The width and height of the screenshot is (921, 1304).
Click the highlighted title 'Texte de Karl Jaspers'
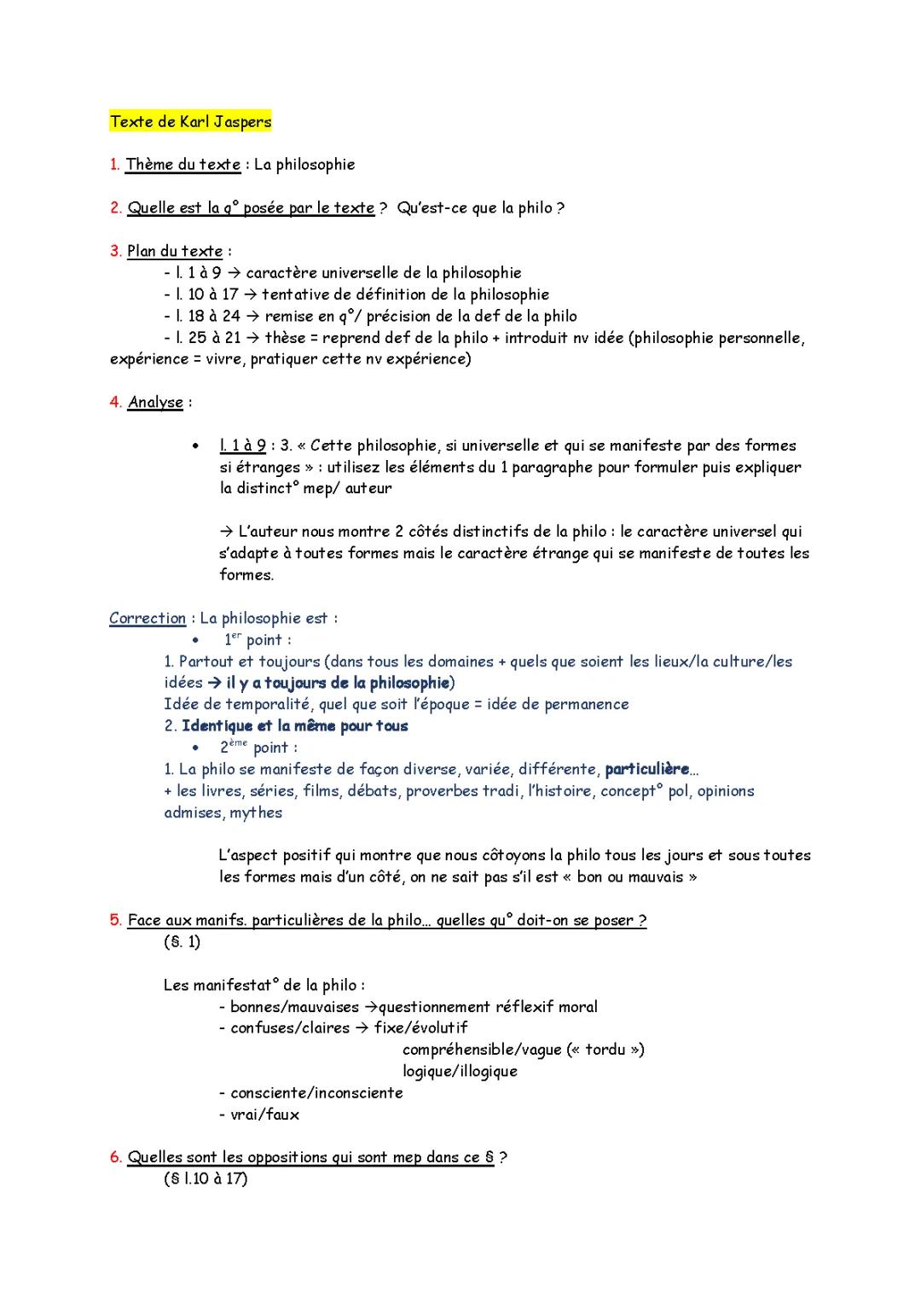(190, 122)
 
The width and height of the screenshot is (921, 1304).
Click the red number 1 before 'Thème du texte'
(114, 165)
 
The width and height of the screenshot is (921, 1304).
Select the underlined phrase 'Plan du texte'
(175, 252)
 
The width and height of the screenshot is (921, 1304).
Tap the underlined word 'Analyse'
(155, 403)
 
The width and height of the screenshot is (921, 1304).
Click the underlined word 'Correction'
(148, 619)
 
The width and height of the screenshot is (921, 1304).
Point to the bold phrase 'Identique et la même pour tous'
(295, 726)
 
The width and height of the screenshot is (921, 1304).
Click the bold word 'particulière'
(646, 770)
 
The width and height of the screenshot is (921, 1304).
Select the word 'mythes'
(256, 813)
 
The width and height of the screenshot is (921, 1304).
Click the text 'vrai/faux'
(264, 1115)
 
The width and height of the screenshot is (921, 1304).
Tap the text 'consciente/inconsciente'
(316, 1093)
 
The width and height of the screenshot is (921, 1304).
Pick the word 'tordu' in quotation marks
(605, 1050)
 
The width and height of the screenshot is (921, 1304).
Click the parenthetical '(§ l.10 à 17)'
(206, 1179)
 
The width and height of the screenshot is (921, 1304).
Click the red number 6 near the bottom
(115, 1158)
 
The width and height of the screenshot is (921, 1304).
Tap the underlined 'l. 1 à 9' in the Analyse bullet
(242, 445)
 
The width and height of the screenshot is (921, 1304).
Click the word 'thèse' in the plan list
(285, 338)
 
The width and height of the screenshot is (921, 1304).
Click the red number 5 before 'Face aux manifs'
(115, 921)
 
